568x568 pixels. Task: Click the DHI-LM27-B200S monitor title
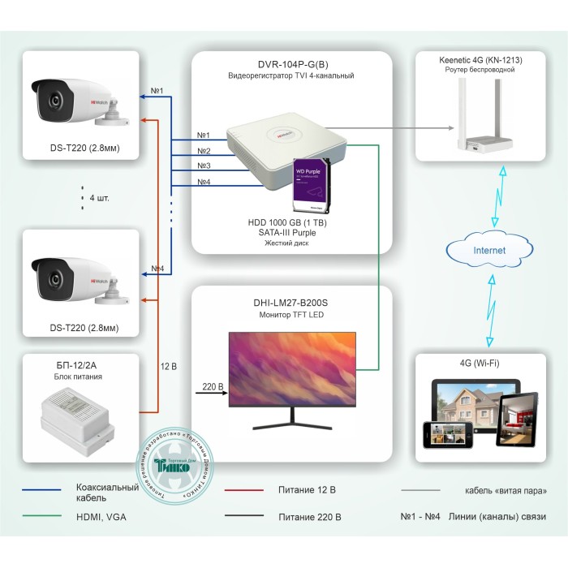click(x=291, y=302)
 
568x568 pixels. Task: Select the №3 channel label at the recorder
click(x=204, y=166)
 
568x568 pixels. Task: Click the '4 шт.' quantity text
click(x=100, y=197)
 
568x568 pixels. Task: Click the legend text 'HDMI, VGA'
click(x=101, y=516)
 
